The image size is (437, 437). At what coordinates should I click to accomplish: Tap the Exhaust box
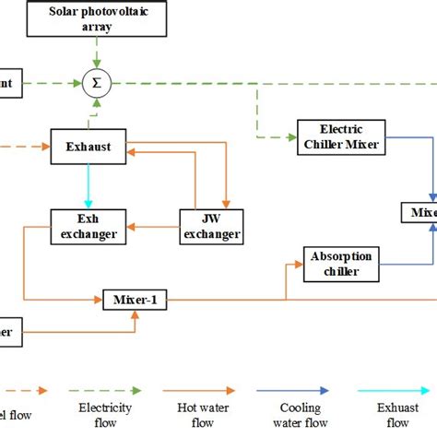click(89, 146)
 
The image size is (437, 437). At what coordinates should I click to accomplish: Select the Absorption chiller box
click(342, 264)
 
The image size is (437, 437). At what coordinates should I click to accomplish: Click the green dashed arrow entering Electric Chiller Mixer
click(277, 136)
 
